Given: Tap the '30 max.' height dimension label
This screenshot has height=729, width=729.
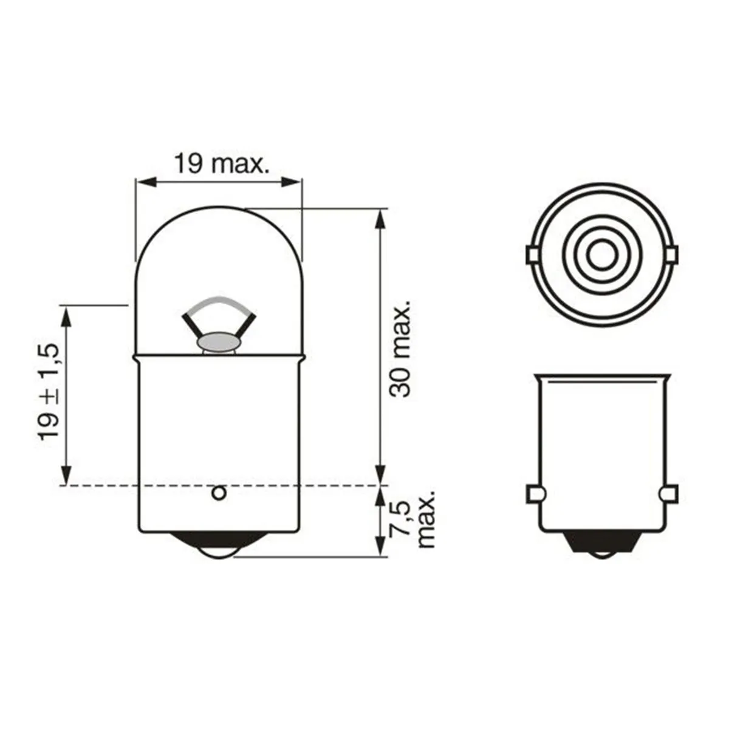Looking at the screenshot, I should (401, 347).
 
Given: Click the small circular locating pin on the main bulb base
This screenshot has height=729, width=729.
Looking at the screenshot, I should (219, 493).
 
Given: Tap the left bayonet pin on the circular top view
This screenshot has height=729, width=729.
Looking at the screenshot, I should (530, 255).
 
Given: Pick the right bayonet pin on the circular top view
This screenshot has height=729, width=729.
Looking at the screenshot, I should (672, 255).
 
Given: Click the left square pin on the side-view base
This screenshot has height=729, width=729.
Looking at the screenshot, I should (532, 494).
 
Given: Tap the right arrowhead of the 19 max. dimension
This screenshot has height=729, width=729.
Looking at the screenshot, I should (294, 180).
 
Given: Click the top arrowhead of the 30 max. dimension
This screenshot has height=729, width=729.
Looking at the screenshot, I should (380, 219).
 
